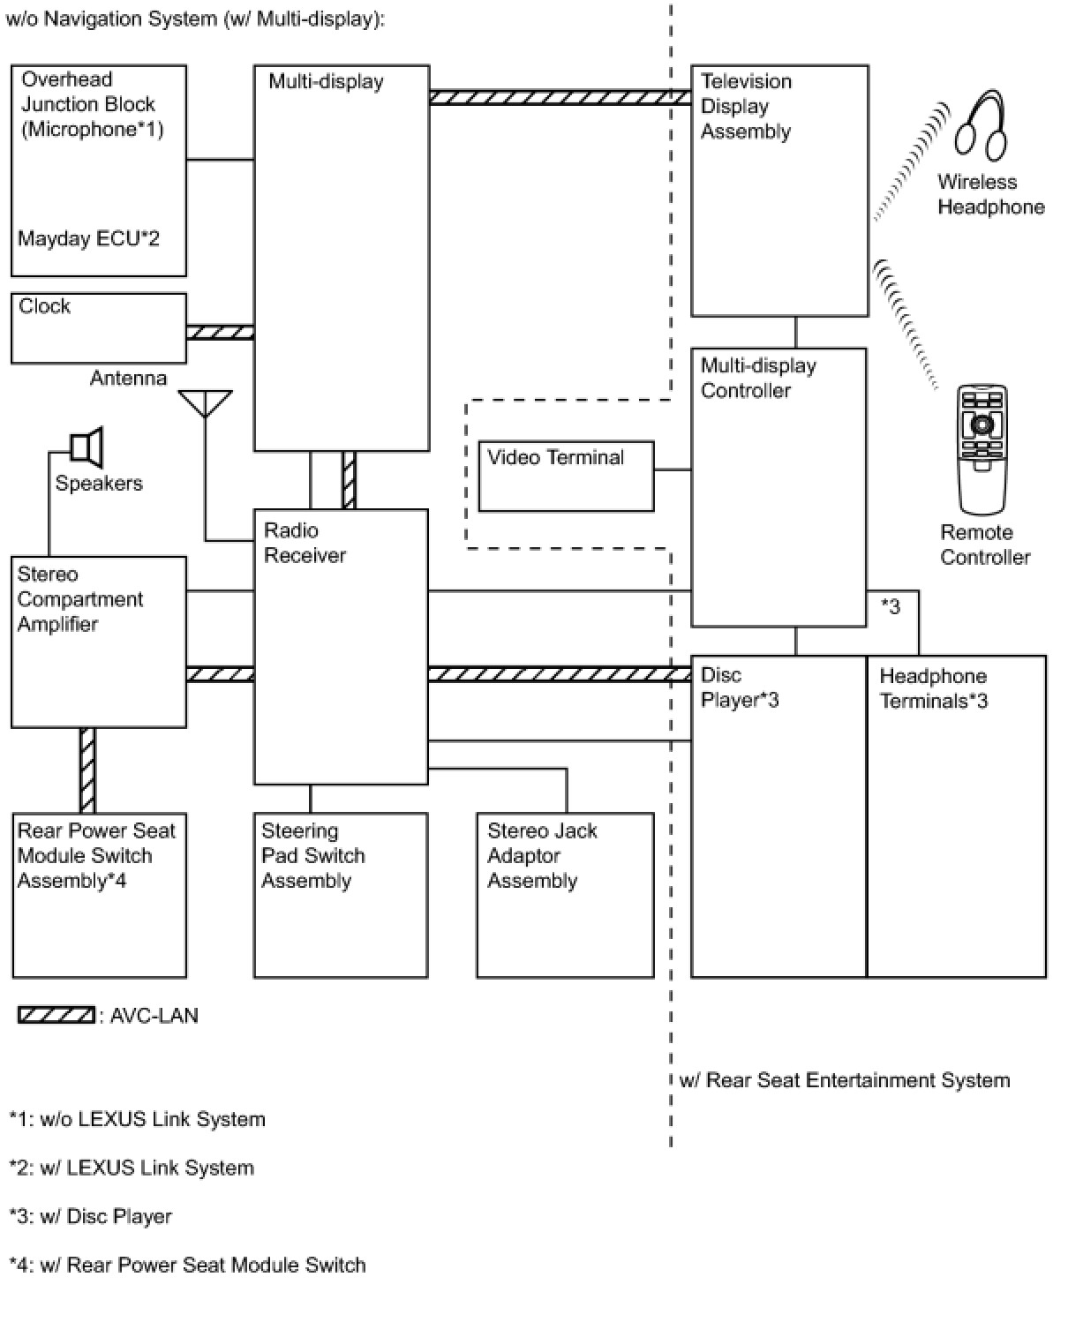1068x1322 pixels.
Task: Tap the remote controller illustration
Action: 982,449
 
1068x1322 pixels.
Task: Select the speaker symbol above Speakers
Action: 86,447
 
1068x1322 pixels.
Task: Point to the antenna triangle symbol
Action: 205,403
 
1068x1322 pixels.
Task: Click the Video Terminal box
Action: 566,476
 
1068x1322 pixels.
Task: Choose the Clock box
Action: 99,328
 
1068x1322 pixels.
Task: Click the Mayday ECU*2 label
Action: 89,238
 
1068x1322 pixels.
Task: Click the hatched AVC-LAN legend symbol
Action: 56,1016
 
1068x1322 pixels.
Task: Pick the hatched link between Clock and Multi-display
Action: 221,333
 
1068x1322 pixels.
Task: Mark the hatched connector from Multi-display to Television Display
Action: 560,97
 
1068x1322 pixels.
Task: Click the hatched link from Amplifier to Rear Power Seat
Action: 87,770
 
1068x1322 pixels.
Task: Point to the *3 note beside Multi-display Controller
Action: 890,606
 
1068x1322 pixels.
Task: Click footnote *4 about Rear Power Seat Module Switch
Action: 187,1265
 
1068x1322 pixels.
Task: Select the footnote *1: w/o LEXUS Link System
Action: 137,1119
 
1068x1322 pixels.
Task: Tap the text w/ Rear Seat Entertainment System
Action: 845,1080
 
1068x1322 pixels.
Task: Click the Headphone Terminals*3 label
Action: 933,688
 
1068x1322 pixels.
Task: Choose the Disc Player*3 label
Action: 739,687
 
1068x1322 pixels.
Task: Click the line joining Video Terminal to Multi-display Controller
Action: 673,469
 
